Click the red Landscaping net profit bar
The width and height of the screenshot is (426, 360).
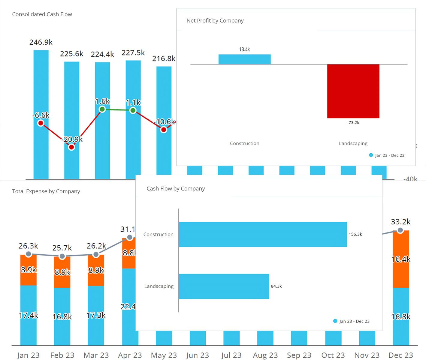(x=353, y=91)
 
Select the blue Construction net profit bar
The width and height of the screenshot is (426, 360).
(x=244, y=59)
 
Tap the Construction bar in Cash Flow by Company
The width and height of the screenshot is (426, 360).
(x=263, y=235)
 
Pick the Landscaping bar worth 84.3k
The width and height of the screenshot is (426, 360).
(x=224, y=286)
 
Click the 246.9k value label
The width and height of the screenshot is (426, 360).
(x=41, y=42)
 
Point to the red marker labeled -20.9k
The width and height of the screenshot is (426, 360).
(x=71, y=147)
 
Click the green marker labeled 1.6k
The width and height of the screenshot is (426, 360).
(x=102, y=109)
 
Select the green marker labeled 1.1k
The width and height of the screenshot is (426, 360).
(x=133, y=110)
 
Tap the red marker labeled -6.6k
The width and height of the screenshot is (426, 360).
(x=41, y=123)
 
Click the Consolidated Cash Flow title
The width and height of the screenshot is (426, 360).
(x=42, y=14)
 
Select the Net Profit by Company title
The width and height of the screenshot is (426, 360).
(x=215, y=21)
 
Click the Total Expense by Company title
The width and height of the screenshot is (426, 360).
(x=46, y=191)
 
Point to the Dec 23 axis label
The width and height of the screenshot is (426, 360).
(x=400, y=355)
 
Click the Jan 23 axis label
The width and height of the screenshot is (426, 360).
(x=28, y=355)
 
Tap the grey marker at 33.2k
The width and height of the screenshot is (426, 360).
(x=400, y=230)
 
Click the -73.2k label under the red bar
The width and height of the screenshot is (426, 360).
(x=353, y=123)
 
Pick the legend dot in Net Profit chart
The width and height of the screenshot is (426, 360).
(x=371, y=155)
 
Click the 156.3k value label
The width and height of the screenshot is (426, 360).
(x=355, y=234)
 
